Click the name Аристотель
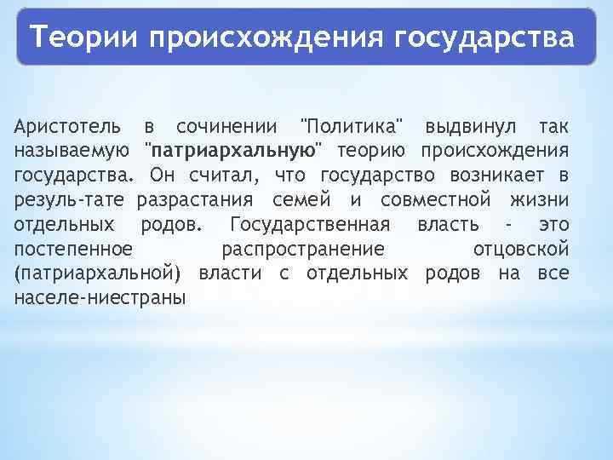pyautogui.click(x=67, y=127)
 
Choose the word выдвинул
pyautogui.click(x=469, y=127)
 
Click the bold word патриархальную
pyautogui.click(x=232, y=152)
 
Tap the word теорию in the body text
pyautogui.click(x=370, y=152)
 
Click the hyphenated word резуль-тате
pyautogui.click(x=69, y=201)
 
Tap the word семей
pyautogui.click(x=301, y=201)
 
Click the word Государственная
pyautogui.click(x=310, y=225)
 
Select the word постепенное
pyautogui.click(x=73, y=250)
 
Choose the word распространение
pyautogui.click(x=302, y=250)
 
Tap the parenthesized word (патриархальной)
pyautogui.click(x=99, y=274)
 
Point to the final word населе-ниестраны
pyautogui.click(x=100, y=299)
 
